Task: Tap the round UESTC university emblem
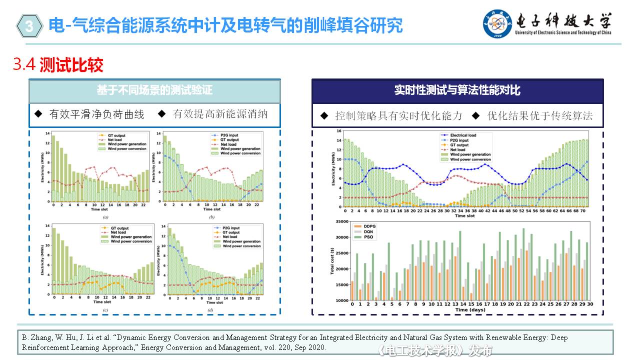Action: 497,23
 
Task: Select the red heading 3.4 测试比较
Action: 58,65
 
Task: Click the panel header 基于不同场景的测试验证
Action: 154,90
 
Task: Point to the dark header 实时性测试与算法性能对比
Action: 457,90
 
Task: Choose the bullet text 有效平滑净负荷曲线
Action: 96,114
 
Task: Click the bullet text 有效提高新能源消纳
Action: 220,114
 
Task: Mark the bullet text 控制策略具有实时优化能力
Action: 398,116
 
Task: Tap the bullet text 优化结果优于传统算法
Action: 540,116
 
